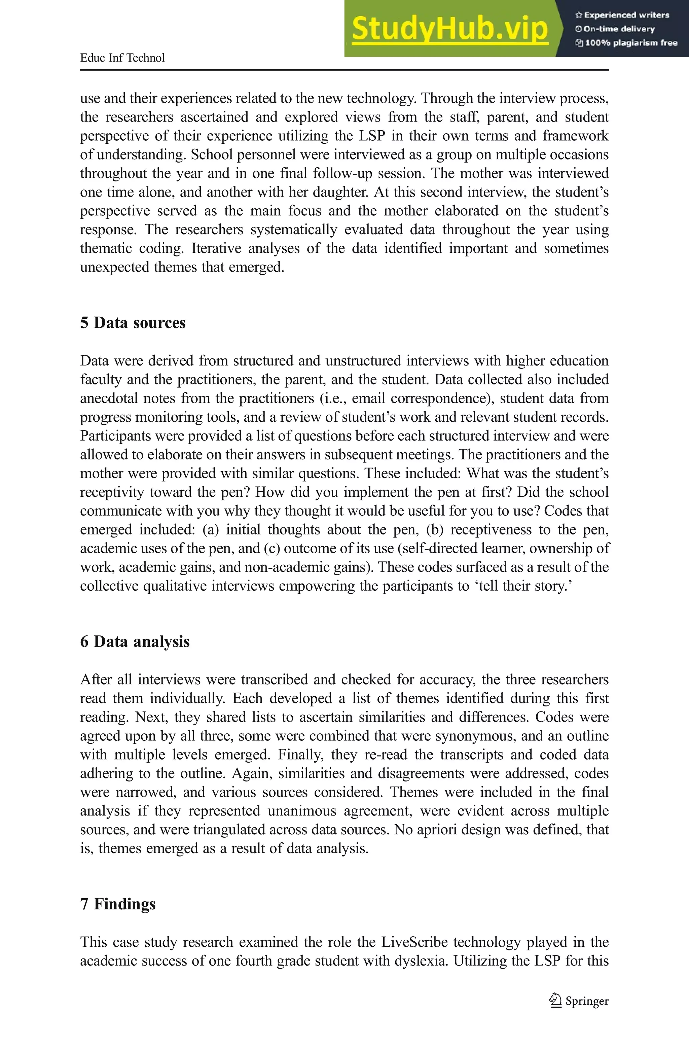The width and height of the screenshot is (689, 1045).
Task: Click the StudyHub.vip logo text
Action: [449, 29]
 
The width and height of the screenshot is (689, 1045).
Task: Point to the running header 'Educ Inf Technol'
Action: [122, 58]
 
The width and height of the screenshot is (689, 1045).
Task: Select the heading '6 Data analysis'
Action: [135, 641]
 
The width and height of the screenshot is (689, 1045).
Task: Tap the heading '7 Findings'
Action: [118, 904]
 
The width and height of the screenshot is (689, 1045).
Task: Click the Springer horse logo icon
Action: [555, 1001]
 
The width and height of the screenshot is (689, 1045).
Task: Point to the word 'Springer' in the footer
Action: [587, 1001]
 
